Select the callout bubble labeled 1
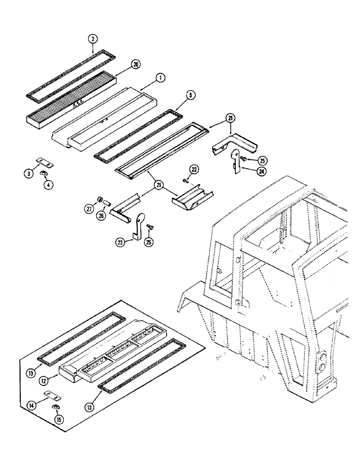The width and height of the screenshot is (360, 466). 159,78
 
